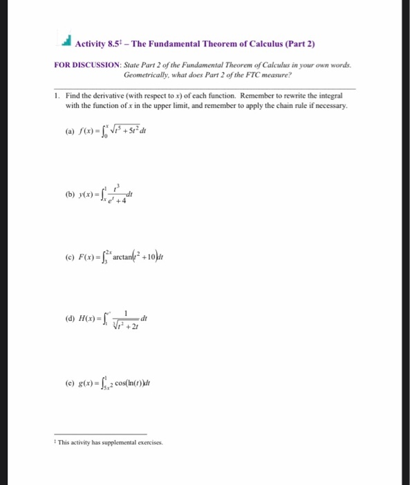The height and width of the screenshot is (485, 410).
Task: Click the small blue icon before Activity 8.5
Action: [x=66, y=43]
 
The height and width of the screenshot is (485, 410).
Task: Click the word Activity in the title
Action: [x=91, y=44]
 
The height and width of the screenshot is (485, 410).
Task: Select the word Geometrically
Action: [x=147, y=73]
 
